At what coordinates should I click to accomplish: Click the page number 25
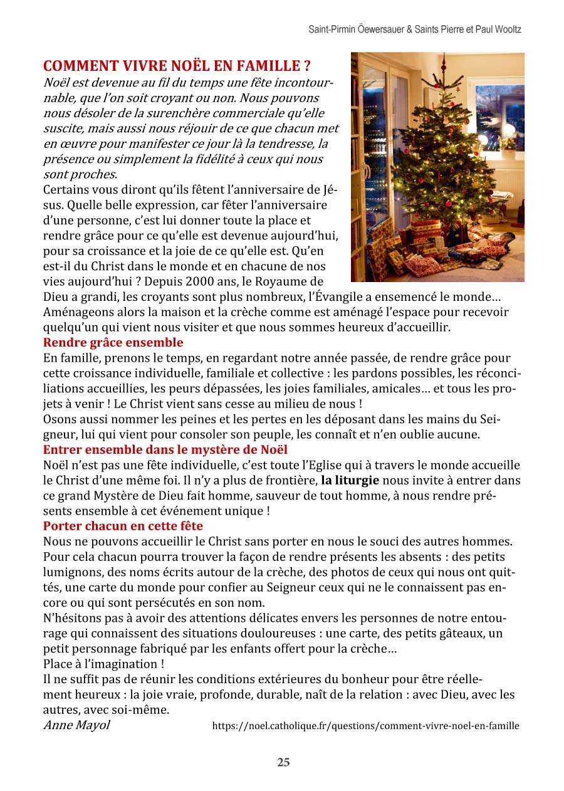coord(283,762)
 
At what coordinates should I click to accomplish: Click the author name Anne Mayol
coord(76,725)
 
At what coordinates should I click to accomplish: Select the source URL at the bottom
coord(365,726)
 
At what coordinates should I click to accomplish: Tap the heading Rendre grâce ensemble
coord(113,342)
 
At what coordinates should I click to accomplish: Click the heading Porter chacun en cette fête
coord(123,526)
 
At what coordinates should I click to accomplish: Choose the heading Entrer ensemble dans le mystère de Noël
coord(165,449)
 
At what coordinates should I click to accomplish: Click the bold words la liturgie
coord(350,481)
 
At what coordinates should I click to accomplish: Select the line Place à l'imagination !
coord(103,664)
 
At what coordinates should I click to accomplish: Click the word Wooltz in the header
coord(508,29)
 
